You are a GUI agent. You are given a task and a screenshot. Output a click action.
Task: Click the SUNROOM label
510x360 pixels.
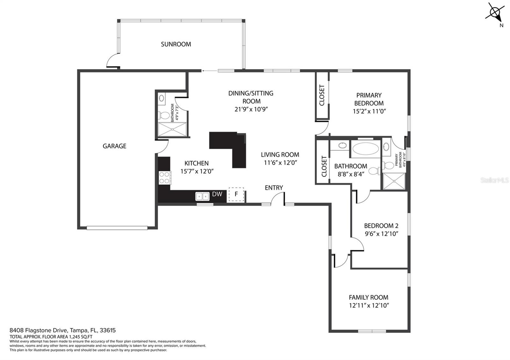[176, 44]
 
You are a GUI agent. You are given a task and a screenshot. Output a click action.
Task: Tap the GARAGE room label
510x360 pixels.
[114, 146]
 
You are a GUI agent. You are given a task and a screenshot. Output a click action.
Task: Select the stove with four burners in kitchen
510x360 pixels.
[165, 177]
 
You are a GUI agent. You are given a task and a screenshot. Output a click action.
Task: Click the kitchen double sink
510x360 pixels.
[202, 196]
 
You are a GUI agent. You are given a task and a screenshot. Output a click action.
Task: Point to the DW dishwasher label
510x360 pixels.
[217, 194]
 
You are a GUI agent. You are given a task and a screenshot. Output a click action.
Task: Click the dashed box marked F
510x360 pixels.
[236, 194]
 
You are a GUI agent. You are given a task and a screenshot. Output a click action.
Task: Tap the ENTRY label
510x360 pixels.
[274, 188]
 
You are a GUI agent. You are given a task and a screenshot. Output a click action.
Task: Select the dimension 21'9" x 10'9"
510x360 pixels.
[251, 109]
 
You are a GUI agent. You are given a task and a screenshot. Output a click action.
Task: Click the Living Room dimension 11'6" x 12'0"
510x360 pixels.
[280, 163]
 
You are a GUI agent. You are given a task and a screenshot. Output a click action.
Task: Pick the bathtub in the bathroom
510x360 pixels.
[366, 149]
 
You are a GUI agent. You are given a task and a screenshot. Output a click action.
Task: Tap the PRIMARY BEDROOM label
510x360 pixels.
[369, 99]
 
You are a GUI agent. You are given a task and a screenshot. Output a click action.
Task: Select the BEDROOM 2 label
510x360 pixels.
[381, 226]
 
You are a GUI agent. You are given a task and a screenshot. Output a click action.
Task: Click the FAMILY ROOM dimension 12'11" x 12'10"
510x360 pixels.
[368, 306]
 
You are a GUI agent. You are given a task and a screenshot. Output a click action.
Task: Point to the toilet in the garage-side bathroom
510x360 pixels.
[164, 115]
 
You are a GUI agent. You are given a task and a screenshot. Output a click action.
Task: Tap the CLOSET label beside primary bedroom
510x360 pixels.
[322, 95]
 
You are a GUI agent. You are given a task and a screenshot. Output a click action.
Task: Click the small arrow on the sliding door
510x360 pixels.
[209, 71]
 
